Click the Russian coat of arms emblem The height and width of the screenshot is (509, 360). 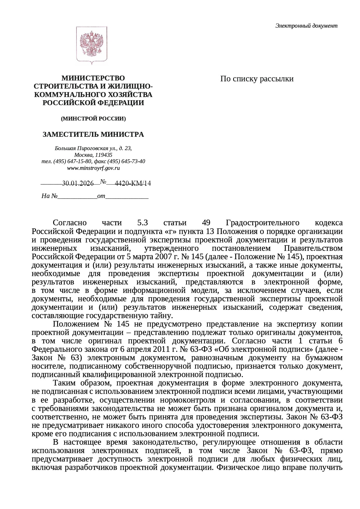coord(92,45)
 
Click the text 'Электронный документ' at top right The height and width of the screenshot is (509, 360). coord(306,26)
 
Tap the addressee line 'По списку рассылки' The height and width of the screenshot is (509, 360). coord(257,79)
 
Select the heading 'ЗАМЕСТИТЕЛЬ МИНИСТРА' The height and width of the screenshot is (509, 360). coord(93,135)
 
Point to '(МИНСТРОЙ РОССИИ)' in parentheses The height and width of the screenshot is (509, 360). coord(93,119)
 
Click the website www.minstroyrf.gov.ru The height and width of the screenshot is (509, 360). coord(93,168)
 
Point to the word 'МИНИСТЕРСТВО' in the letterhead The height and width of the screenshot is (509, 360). coord(93,78)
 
